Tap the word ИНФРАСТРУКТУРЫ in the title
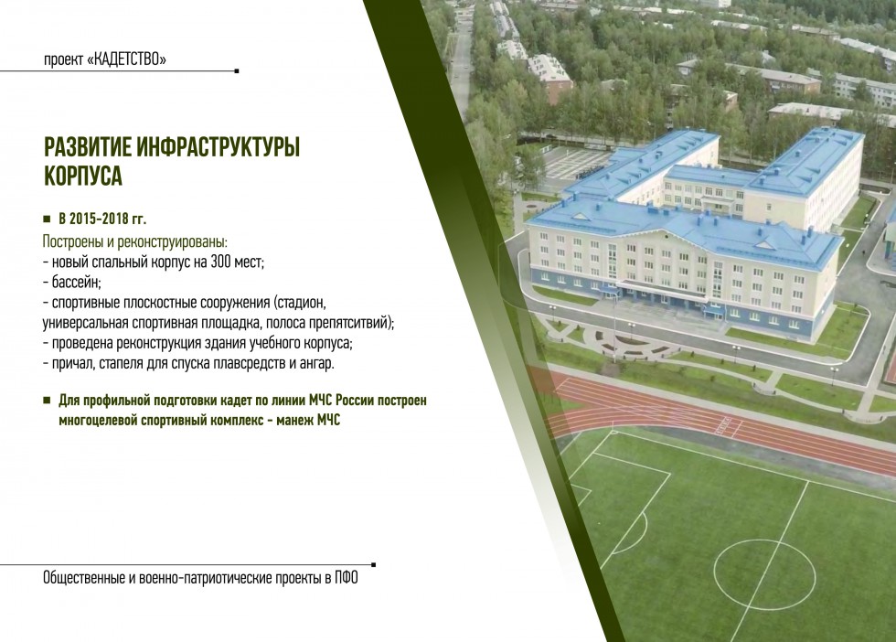(x=219, y=147)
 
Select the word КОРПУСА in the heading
(x=83, y=176)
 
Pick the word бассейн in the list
(x=76, y=283)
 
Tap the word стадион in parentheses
(x=300, y=303)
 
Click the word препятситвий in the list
(x=351, y=323)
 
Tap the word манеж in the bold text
(x=293, y=421)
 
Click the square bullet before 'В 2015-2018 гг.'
(x=47, y=219)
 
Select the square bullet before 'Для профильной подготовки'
(x=47, y=401)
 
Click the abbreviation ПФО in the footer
(x=347, y=578)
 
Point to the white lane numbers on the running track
(x=723, y=426)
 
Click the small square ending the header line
(x=237, y=71)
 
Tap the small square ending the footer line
(x=374, y=565)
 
